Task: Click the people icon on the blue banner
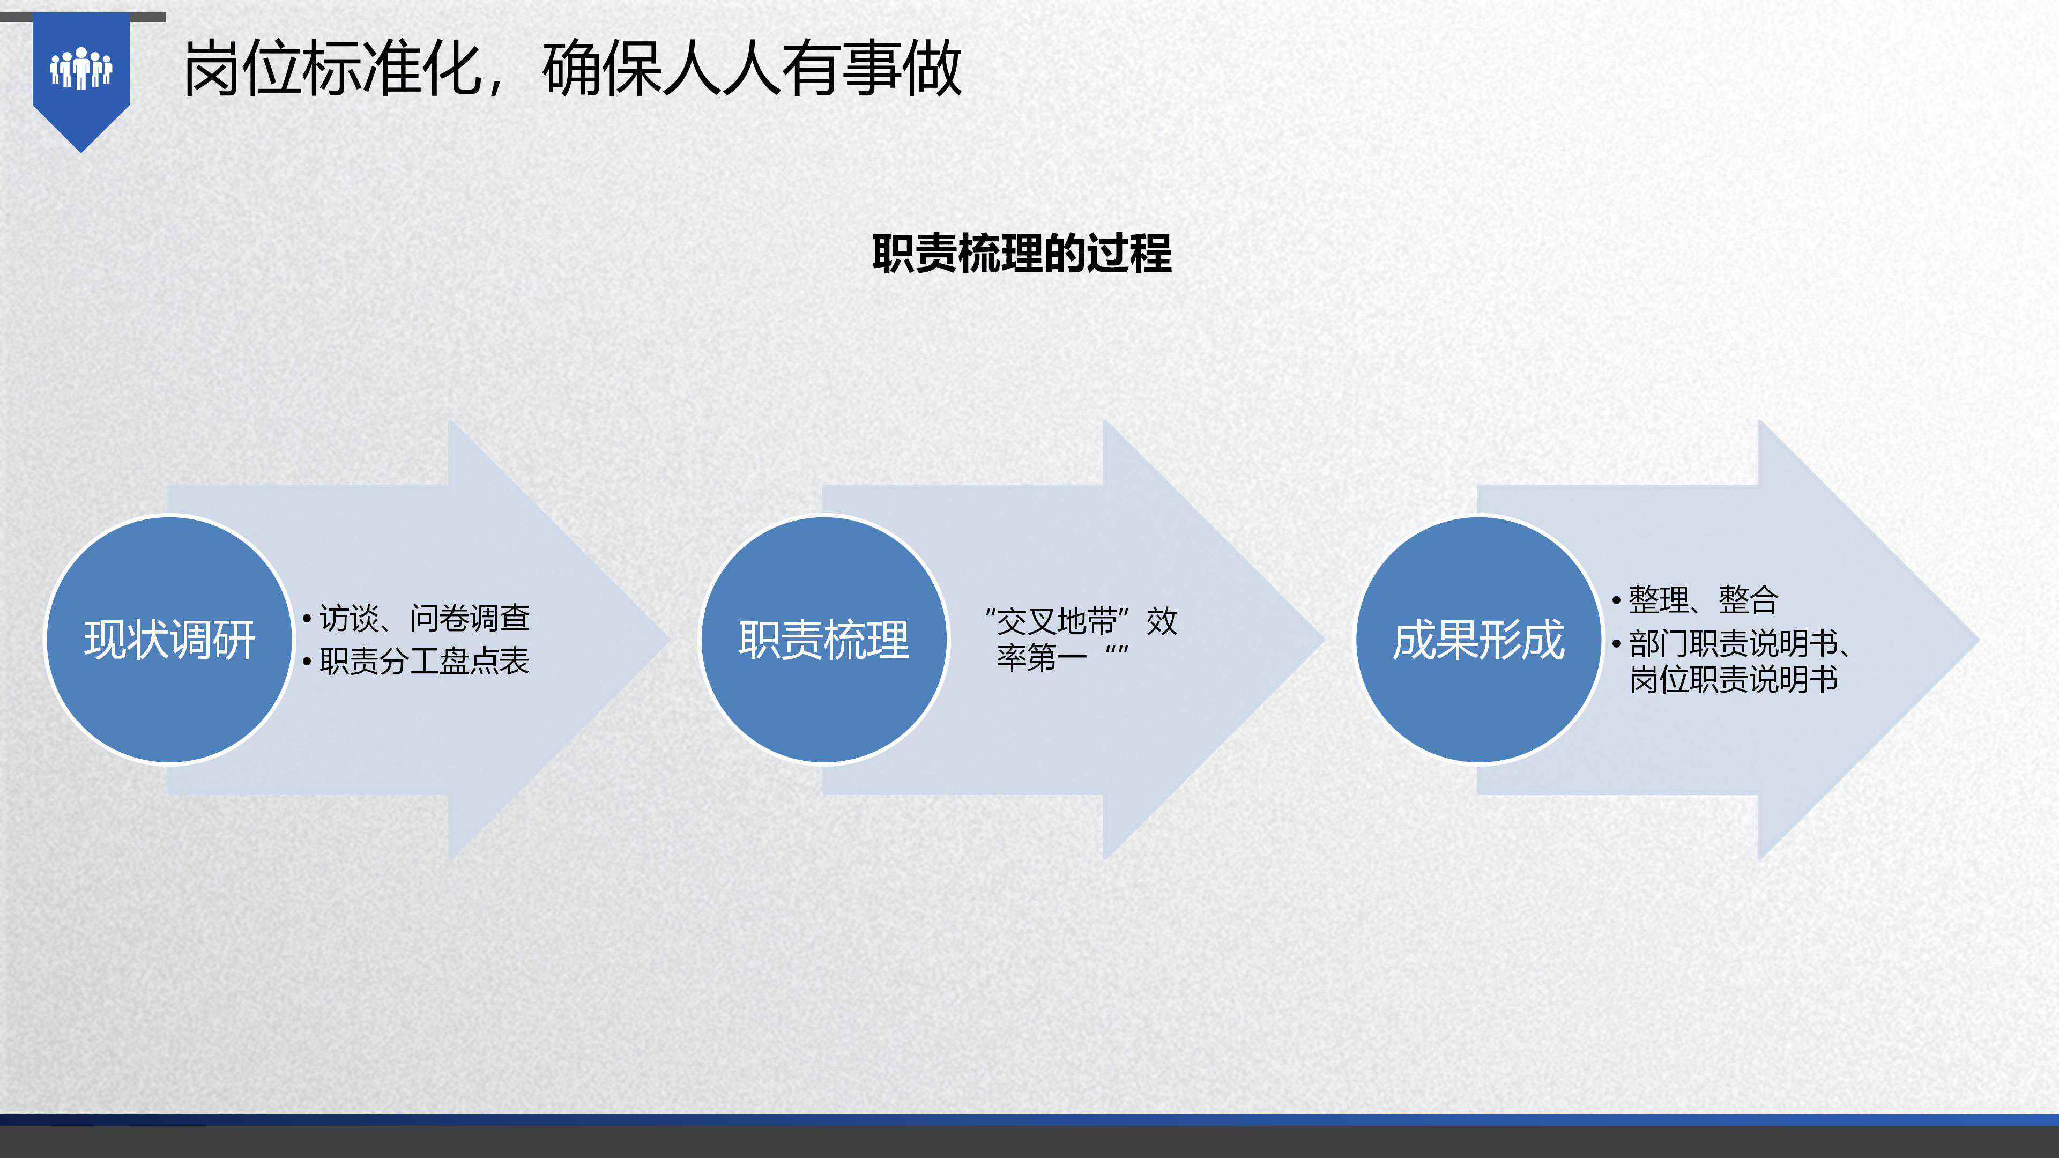point(81,68)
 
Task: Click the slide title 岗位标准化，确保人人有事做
point(573,69)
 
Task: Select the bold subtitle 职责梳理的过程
point(1022,254)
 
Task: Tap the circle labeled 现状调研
point(169,640)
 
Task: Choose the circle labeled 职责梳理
point(824,640)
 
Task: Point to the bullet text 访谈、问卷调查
point(425,618)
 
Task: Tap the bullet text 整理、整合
point(1703,599)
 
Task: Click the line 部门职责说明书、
point(1740,643)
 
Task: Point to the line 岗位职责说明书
point(1734,679)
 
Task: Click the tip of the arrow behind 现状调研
point(670,640)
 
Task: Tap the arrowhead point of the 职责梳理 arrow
point(1325,640)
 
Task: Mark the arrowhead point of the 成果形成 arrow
point(1979,640)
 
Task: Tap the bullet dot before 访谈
point(307,619)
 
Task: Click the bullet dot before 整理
point(1616,600)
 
